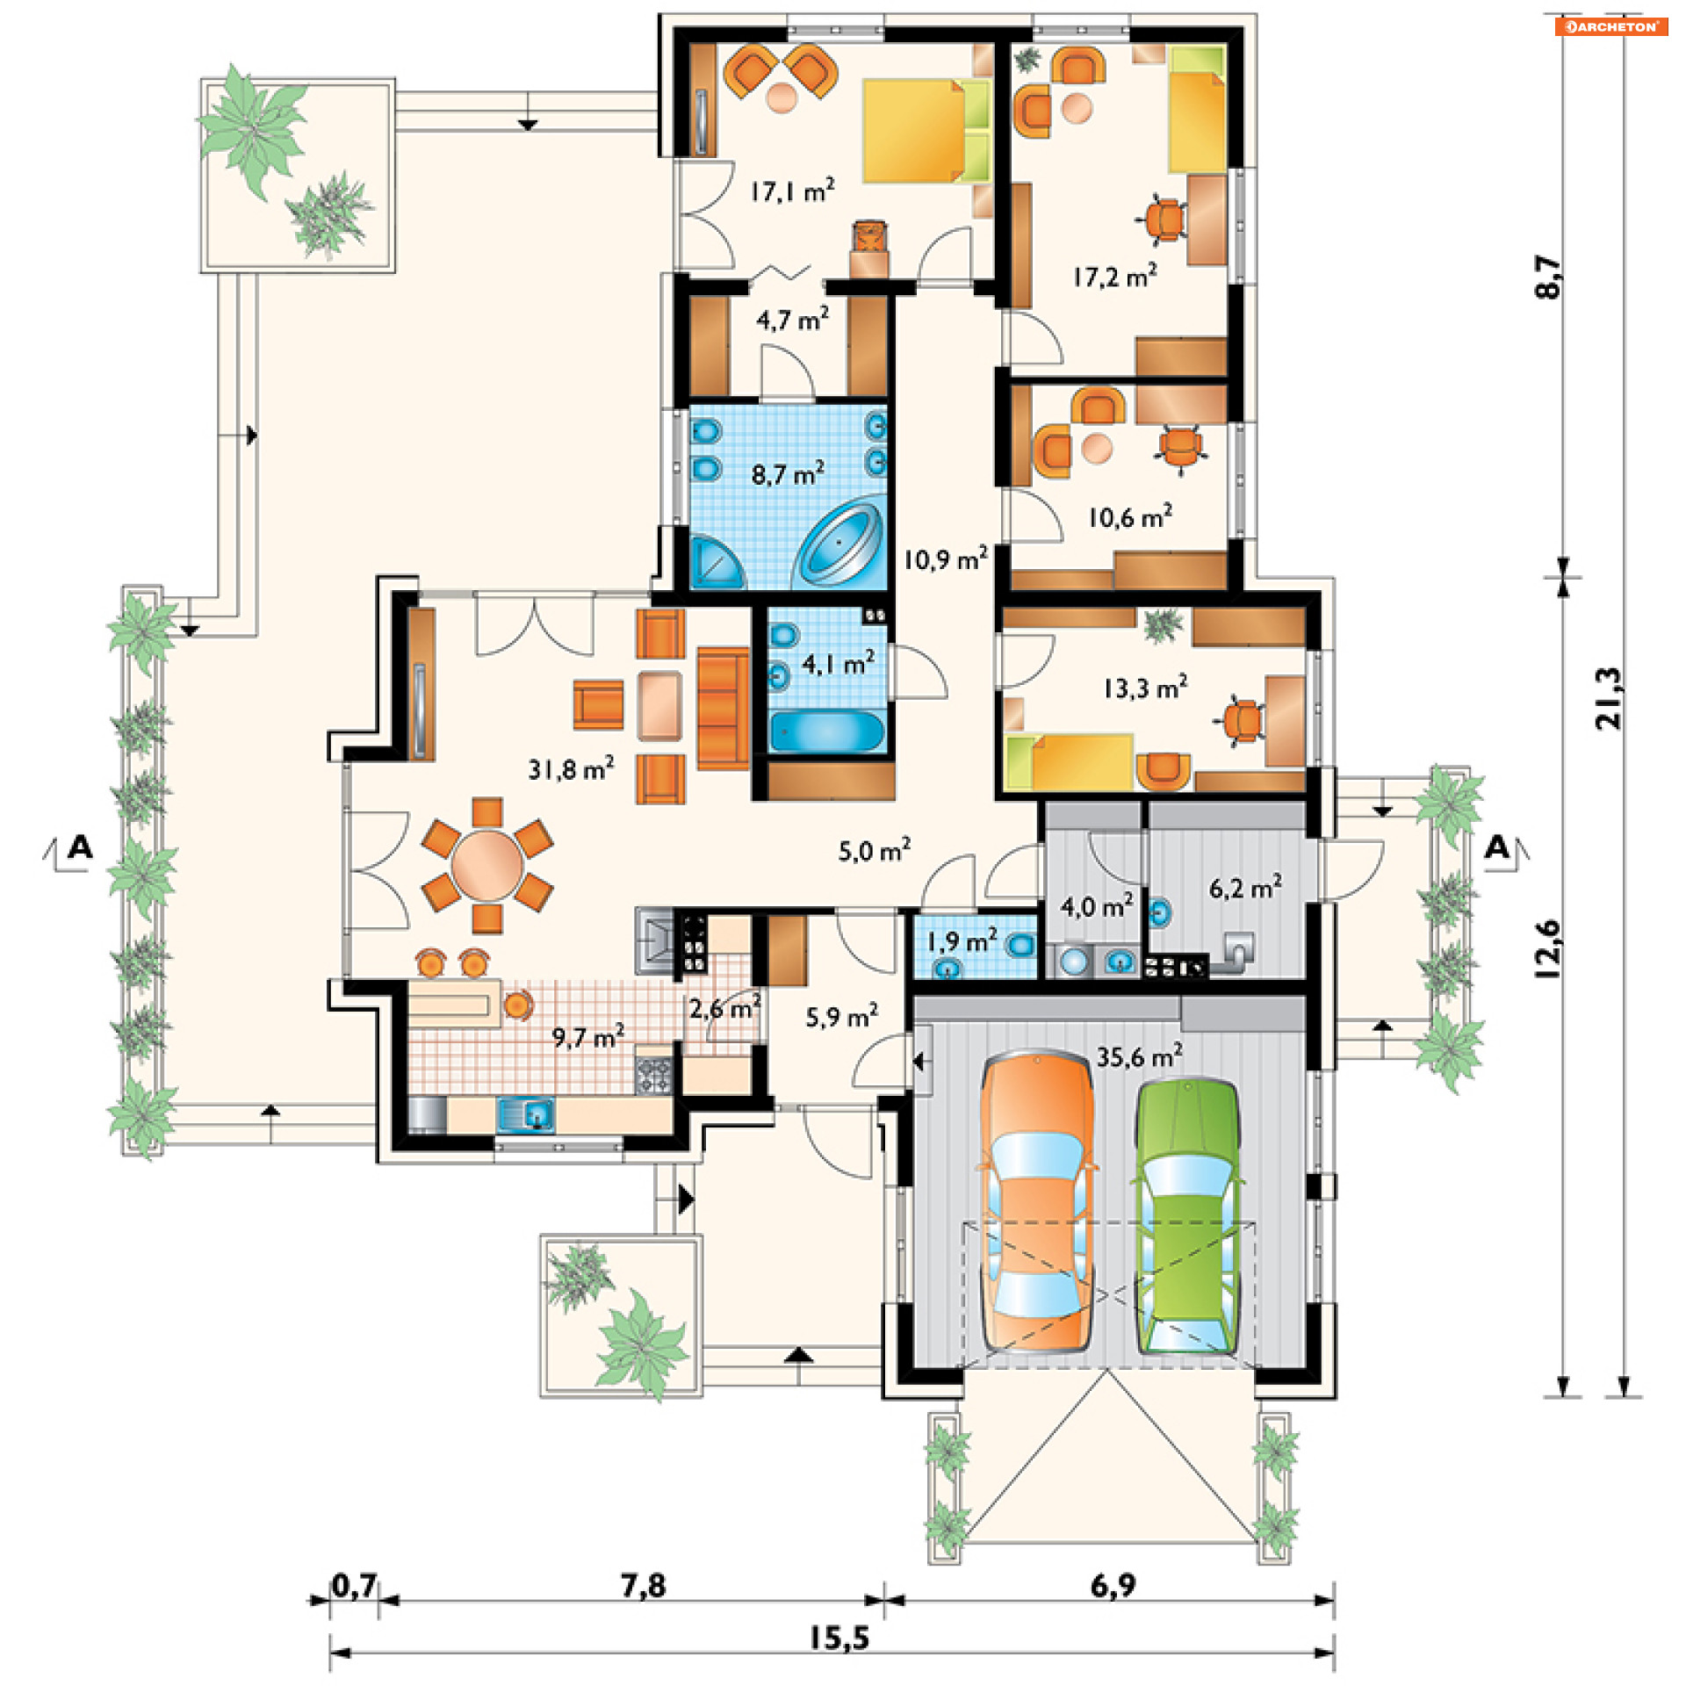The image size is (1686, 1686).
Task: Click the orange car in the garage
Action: [x=1037, y=1202]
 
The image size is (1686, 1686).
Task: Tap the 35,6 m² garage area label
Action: [x=1140, y=1056]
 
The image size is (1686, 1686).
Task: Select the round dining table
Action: [x=487, y=865]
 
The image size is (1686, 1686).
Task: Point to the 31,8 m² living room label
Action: [x=571, y=769]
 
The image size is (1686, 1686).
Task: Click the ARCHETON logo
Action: [x=1611, y=26]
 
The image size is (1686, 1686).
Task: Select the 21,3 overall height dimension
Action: [x=1609, y=698]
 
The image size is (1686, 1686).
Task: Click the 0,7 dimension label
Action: [x=355, y=1585]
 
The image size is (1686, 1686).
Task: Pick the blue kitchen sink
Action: [x=525, y=1113]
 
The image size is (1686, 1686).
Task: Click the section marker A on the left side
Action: [x=80, y=847]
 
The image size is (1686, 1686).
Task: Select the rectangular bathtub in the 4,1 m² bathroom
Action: [x=826, y=731]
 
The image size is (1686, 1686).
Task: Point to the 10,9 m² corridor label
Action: [x=946, y=558]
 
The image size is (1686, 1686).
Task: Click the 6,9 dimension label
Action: [x=1113, y=1585]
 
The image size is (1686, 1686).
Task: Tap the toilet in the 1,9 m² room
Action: [x=1021, y=946]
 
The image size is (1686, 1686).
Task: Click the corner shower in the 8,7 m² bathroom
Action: [x=716, y=562]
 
